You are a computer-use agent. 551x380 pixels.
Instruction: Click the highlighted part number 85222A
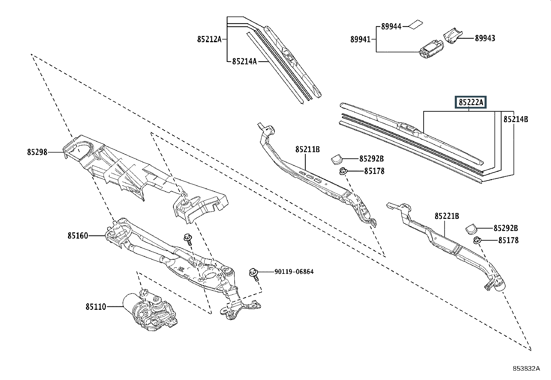[470, 102]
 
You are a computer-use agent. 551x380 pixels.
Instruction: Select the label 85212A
[209, 39]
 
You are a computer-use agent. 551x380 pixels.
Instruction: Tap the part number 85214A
[244, 62]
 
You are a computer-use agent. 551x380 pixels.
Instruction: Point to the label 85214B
[516, 119]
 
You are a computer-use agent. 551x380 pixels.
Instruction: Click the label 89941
[360, 39]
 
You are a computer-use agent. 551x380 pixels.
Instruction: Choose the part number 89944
[391, 26]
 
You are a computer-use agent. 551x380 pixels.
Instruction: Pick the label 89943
[485, 38]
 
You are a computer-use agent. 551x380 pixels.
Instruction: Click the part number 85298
[37, 152]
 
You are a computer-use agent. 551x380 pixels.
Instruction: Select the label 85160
[78, 236]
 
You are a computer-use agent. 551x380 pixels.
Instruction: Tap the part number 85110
[96, 307]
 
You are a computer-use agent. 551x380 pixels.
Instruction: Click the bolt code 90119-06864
[294, 272]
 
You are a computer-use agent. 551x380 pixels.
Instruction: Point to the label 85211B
[307, 149]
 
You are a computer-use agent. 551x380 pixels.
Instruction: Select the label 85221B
[447, 216]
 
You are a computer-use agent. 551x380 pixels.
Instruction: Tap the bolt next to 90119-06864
[253, 274]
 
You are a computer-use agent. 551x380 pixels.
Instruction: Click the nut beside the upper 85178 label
[343, 171]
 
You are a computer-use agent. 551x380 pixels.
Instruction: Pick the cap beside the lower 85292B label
[471, 228]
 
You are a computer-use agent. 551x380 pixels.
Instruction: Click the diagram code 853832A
[526, 369]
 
